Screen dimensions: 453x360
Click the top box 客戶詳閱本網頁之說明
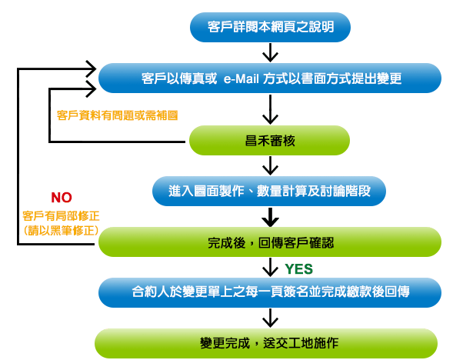[x=270, y=27]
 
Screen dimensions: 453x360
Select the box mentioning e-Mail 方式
[x=270, y=78]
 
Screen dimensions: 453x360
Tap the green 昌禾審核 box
[x=269, y=141]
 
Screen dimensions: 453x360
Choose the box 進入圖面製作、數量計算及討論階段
[x=269, y=191]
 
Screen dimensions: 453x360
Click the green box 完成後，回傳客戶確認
[x=270, y=242]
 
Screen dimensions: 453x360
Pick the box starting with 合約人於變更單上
[x=270, y=292]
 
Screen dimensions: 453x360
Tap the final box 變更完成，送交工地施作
[x=266, y=343]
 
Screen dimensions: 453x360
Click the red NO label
[x=62, y=198]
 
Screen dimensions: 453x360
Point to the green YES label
[x=298, y=269]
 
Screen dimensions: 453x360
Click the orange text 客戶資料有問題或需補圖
[x=117, y=115]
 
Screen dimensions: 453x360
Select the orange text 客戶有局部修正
[x=61, y=216]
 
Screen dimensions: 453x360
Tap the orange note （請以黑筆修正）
[x=61, y=231]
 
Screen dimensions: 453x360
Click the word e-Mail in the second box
[x=241, y=78]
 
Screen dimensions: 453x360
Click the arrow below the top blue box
[x=270, y=52]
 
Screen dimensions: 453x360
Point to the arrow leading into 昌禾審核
[x=270, y=109]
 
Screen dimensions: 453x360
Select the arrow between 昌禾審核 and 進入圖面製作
[x=270, y=165]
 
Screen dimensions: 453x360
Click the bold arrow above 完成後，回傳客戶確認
[x=270, y=217]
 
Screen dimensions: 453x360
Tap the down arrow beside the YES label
[x=270, y=267]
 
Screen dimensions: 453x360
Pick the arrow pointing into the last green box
[x=270, y=318]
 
